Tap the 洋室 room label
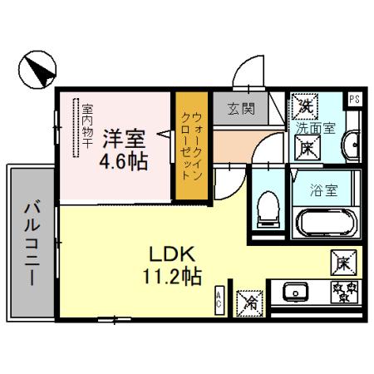click(x=125, y=137)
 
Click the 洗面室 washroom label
click(x=320, y=128)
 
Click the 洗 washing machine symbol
click(x=304, y=106)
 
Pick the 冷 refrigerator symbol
click(x=247, y=303)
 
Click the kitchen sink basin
click(x=295, y=293)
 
